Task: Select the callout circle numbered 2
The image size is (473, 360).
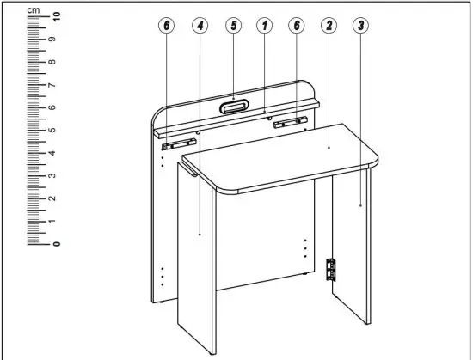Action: coord(329,26)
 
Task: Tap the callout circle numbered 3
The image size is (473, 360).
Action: coord(361,26)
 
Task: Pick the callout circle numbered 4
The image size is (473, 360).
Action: coord(200,26)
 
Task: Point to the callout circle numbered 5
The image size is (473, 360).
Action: coord(233,26)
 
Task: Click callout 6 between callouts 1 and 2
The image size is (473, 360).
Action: coord(297,26)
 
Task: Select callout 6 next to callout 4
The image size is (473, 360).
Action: coord(168,26)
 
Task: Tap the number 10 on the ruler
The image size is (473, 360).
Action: coord(56,16)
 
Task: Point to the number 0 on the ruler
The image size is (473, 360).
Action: coord(56,243)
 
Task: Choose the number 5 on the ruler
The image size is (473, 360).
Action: coord(56,131)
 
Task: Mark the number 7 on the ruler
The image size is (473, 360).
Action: coord(56,85)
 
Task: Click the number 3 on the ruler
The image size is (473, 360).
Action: coord(56,175)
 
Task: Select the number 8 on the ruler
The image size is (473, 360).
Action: coord(56,63)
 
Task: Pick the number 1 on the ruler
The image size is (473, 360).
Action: coord(56,221)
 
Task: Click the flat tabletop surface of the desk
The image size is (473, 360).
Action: coord(284,163)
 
